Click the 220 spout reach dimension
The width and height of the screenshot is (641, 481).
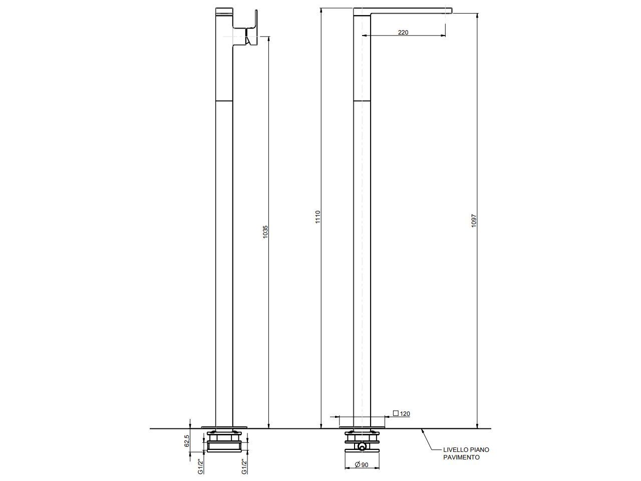(x=403, y=33)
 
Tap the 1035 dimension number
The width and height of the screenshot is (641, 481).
(x=265, y=231)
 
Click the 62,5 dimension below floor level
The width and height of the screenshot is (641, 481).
(x=187, y=441)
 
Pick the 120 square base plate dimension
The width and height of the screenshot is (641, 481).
(x=405, y=414)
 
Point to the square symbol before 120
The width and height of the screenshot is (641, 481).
(x=396, y=414)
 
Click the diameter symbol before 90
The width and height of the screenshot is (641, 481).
(x=358, y=465)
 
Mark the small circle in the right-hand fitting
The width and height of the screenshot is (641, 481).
(x=362, y=446)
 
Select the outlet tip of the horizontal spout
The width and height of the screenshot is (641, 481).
(x=449, y=11)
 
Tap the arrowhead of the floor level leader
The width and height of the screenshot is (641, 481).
(x=423, y=431)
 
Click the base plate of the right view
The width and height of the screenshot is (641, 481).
(x=362, y=427)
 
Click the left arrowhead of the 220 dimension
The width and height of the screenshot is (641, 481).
(x=364, y=36)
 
